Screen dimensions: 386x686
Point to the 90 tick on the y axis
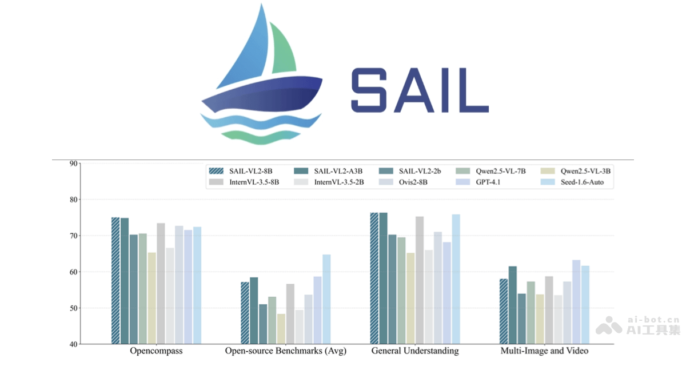point(73,164)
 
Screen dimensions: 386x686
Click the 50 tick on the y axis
point(73,308)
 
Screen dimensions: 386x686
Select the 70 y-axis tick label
point(73,236)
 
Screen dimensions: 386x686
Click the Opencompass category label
point(156,351)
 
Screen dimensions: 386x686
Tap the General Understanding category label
point(415,351)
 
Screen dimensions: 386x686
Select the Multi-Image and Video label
point(544,351)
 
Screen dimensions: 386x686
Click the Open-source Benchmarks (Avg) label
point(286,351)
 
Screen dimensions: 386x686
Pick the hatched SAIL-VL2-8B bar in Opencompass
point(115,280)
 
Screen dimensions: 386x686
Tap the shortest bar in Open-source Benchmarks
point(281,329)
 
